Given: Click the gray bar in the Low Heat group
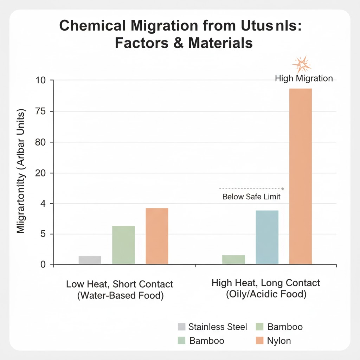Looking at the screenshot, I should pos(90,260).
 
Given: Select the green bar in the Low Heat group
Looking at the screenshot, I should pos(123,245).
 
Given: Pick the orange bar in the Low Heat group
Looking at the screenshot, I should pos(157,236).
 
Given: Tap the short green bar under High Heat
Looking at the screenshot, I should pos(233,259).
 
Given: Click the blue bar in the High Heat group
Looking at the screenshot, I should pos(267,237).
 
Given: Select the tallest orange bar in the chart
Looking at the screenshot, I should pos(301,176).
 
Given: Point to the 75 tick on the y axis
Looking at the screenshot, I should pos(44,111).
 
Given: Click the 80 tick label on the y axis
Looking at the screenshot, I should pos(44,142).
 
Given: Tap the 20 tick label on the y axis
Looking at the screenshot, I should pos(44,173).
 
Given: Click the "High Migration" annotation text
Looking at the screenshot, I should pos(304,78).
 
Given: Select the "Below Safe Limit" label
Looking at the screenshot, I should pos(251,197).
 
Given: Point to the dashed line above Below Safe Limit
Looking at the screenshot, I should pos(251,189).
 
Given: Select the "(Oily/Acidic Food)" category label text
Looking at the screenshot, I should pos(266,294).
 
